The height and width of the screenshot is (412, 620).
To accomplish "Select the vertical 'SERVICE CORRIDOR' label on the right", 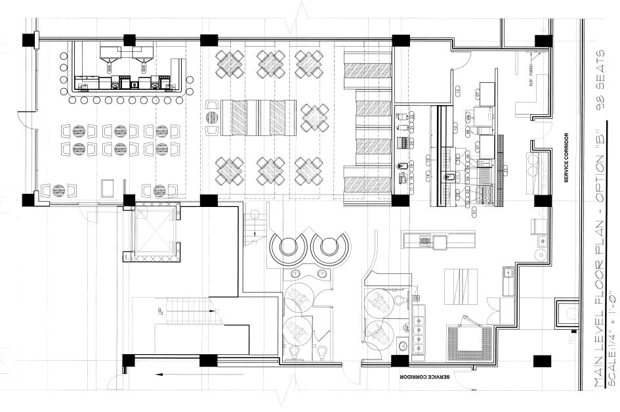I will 566,158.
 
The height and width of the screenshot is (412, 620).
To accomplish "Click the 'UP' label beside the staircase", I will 159,309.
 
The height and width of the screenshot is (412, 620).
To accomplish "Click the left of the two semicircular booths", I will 289,247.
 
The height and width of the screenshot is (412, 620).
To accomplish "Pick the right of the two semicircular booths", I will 329,247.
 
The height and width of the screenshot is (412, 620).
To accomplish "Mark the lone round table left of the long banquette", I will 212,118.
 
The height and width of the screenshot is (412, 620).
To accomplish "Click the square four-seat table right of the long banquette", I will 314,118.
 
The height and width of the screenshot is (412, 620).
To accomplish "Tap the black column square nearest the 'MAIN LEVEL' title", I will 543,361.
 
